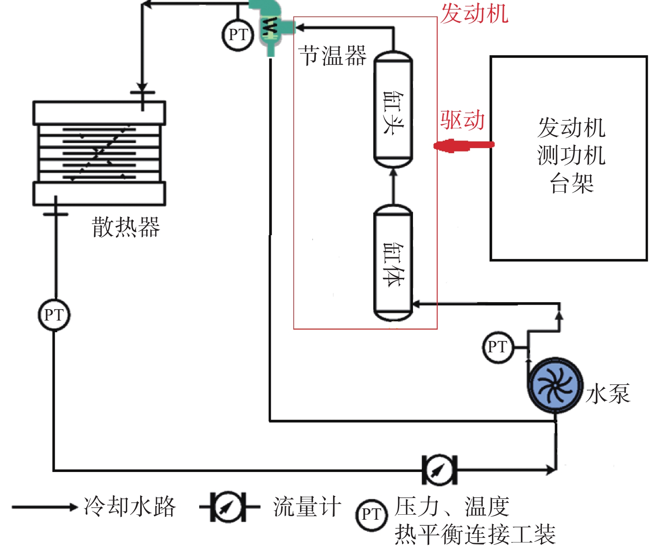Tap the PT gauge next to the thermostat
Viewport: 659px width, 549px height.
pyautogui.click(x=238, y=35)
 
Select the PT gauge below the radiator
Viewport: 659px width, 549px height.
pyautogui.click(x=54, y=315)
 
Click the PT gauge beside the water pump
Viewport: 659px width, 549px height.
pyautogui.click(x=497, y=347)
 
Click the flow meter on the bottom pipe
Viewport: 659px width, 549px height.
pyautogui.click(x=439, y=470)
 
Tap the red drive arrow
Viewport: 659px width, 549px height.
pyautogui.click(x=463, y=145)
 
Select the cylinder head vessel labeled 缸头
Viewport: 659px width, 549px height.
pyautogui.click(x=393, y=110)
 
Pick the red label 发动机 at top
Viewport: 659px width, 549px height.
pyautogui.click(x=474, y=13)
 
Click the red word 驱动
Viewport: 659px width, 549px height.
pyautogui.click(x=462, y=121)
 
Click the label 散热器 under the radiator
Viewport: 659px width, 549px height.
pyautogui.click(x=126, y=227)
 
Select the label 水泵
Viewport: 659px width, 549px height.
pyautogui.click(x=608, y=394)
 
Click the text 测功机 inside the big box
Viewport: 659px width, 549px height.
pyautogui.click(x=571, y=155)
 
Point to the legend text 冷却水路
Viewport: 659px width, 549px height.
pyautogui.click(x=130, y=507)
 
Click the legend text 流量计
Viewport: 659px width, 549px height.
pyautogui.click(x=307, y=507)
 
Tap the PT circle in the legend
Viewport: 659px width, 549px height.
pyautogui.click(x=371, y=515)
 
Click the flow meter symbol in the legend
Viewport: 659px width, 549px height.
pyautogui.click(x=228, y=507)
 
